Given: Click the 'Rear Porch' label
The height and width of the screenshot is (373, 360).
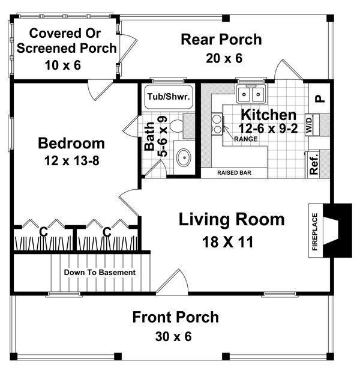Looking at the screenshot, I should tap(221, 40).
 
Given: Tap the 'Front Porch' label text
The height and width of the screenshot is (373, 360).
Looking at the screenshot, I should tap(175, 317).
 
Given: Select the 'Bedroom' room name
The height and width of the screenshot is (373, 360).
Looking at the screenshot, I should tap(71, 144).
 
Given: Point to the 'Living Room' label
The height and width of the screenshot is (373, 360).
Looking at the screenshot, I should tap(232, 220).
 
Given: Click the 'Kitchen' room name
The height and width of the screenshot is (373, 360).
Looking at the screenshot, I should tap(268, 115).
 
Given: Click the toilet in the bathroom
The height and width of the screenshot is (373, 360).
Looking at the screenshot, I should tap(176, 127).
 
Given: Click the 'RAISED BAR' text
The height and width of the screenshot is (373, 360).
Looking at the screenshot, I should tap(234, 173).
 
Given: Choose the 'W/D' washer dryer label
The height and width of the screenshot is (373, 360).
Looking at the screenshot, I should tap(310, 124).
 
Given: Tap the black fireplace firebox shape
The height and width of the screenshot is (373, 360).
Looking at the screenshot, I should tap(338, 230).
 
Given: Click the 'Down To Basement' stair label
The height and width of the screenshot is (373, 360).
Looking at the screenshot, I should tap(100, 272).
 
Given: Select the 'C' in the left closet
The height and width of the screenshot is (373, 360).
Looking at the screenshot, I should tap(43, 231).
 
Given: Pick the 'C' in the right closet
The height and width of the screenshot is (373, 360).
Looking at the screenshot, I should tap(107, 231).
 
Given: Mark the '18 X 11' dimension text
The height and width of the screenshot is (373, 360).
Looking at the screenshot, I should tap(230, 242).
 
